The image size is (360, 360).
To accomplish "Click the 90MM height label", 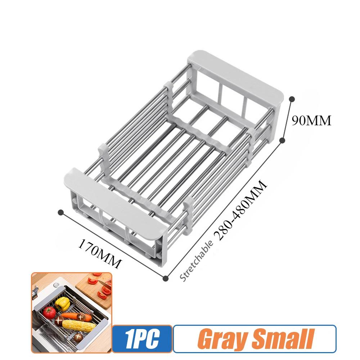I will pyautogui.click(x=311, y=121).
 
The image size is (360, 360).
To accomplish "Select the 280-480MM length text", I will pyautogui.click(x=240, y=211).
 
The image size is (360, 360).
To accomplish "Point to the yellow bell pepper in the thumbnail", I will pyautogui.click(x=63, y=303).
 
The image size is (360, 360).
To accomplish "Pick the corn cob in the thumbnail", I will pyautogui.click(x=79, y=325).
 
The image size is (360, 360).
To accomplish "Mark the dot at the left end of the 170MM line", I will pyautogui.click(x=61, y=212).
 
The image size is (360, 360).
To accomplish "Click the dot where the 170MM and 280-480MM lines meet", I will pyautogui.click(x=166, y=278).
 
